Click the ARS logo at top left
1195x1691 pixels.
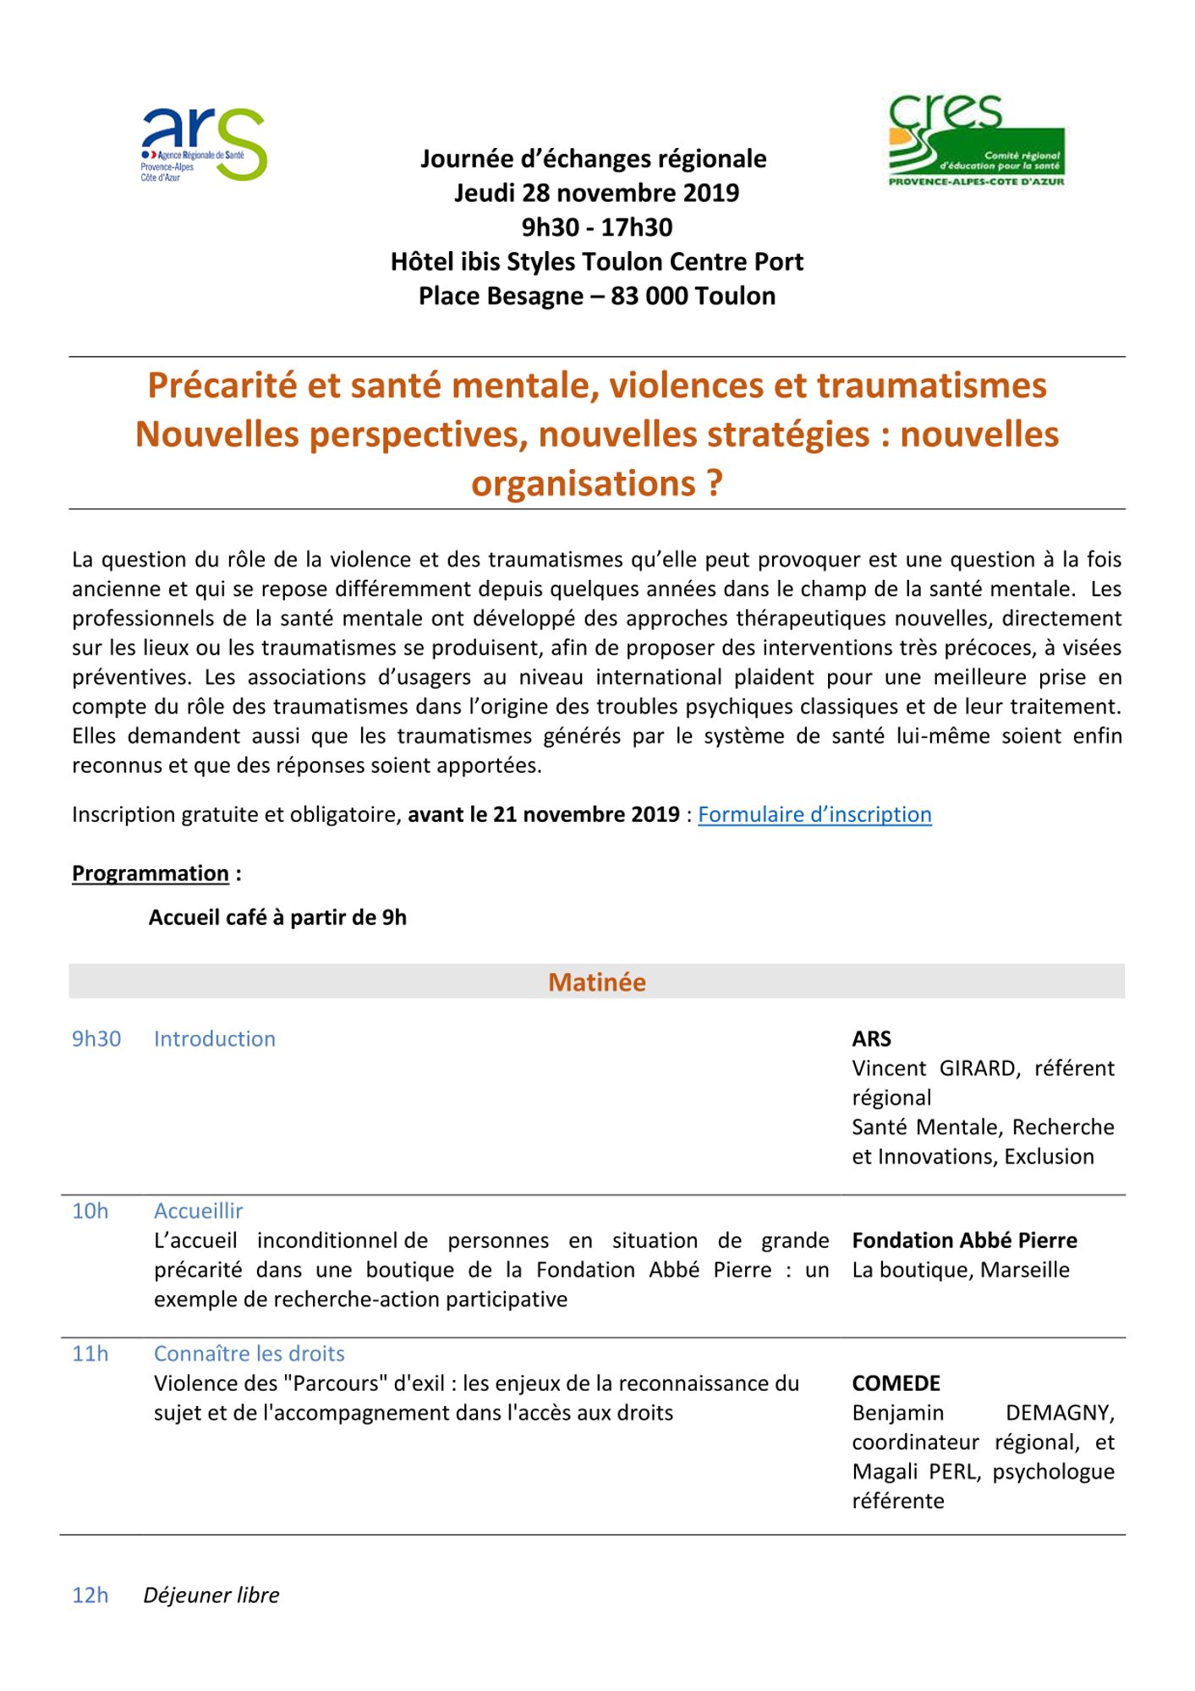(204, 144)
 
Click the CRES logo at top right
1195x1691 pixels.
(977, 140)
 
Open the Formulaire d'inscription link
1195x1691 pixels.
(814, 814)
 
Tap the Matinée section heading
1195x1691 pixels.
(597, 982)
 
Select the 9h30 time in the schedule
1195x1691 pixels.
(96, 1038)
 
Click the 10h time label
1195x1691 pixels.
(90, 1211)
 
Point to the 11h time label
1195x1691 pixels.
(90, 1354)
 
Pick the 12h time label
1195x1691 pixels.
(90, 1595)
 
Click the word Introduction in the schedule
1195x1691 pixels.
(215, 1038)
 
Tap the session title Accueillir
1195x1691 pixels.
(199, 1211)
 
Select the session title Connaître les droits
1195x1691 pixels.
(249, 1354)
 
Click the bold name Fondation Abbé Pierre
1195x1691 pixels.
(965, 1240)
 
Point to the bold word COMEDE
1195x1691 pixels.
(896, 1383)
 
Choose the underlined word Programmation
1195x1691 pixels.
(151, 873)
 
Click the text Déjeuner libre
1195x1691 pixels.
(211, 1595)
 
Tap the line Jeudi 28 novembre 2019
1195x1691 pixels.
(597, 193)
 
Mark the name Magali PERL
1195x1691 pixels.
(916, 1471)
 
